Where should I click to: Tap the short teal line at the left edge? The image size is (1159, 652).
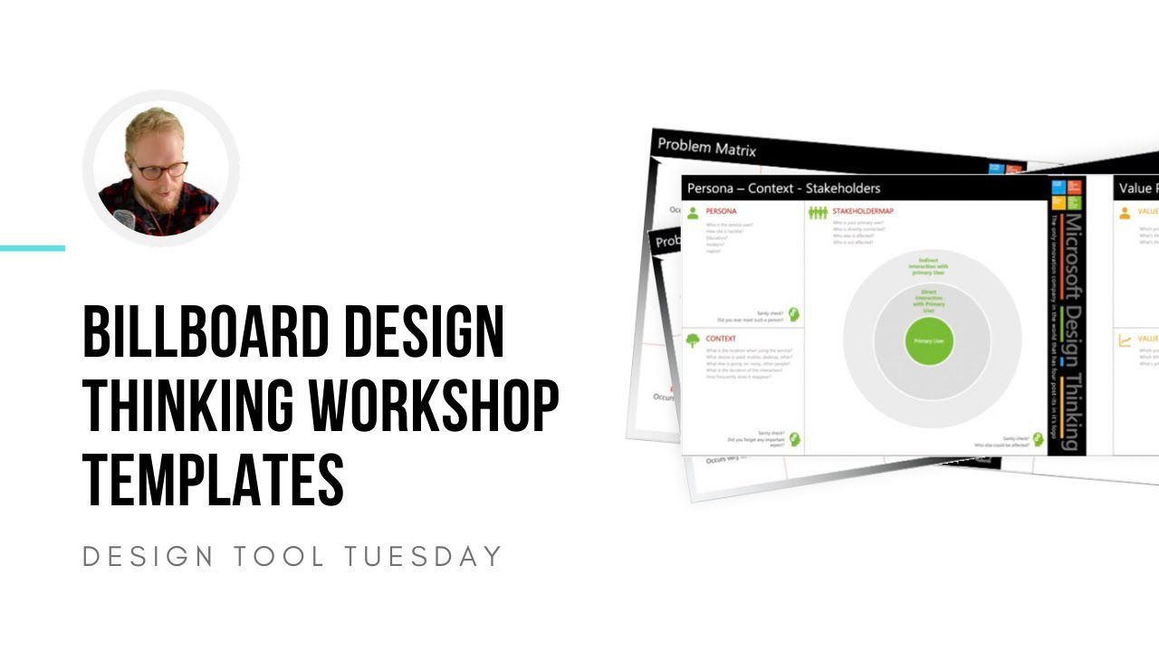click(x=33, y=248)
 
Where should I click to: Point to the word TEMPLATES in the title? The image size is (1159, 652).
click(x=214, y=481)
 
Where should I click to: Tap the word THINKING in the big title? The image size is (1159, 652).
click(x=189, y=407)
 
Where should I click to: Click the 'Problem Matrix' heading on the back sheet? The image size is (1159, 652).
click(x=706, y=147)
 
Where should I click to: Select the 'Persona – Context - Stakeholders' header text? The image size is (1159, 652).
click(x=783, y=188)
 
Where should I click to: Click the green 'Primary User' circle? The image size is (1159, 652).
click(x=929, y=341)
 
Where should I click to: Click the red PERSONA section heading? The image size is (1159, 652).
click(x=721, y=212)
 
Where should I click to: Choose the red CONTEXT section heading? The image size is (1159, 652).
click(x=721, y=340)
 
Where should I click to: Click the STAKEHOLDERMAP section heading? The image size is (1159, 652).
click(x=863, y=212)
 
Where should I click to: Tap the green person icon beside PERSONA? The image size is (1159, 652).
click(x=694, y=213)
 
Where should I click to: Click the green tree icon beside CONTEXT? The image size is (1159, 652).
click(x=694, y=340)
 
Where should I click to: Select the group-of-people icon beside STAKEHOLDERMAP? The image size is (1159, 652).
click(x=819, y=213)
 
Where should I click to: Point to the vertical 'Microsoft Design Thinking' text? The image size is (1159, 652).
click(x=1070, y=331)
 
